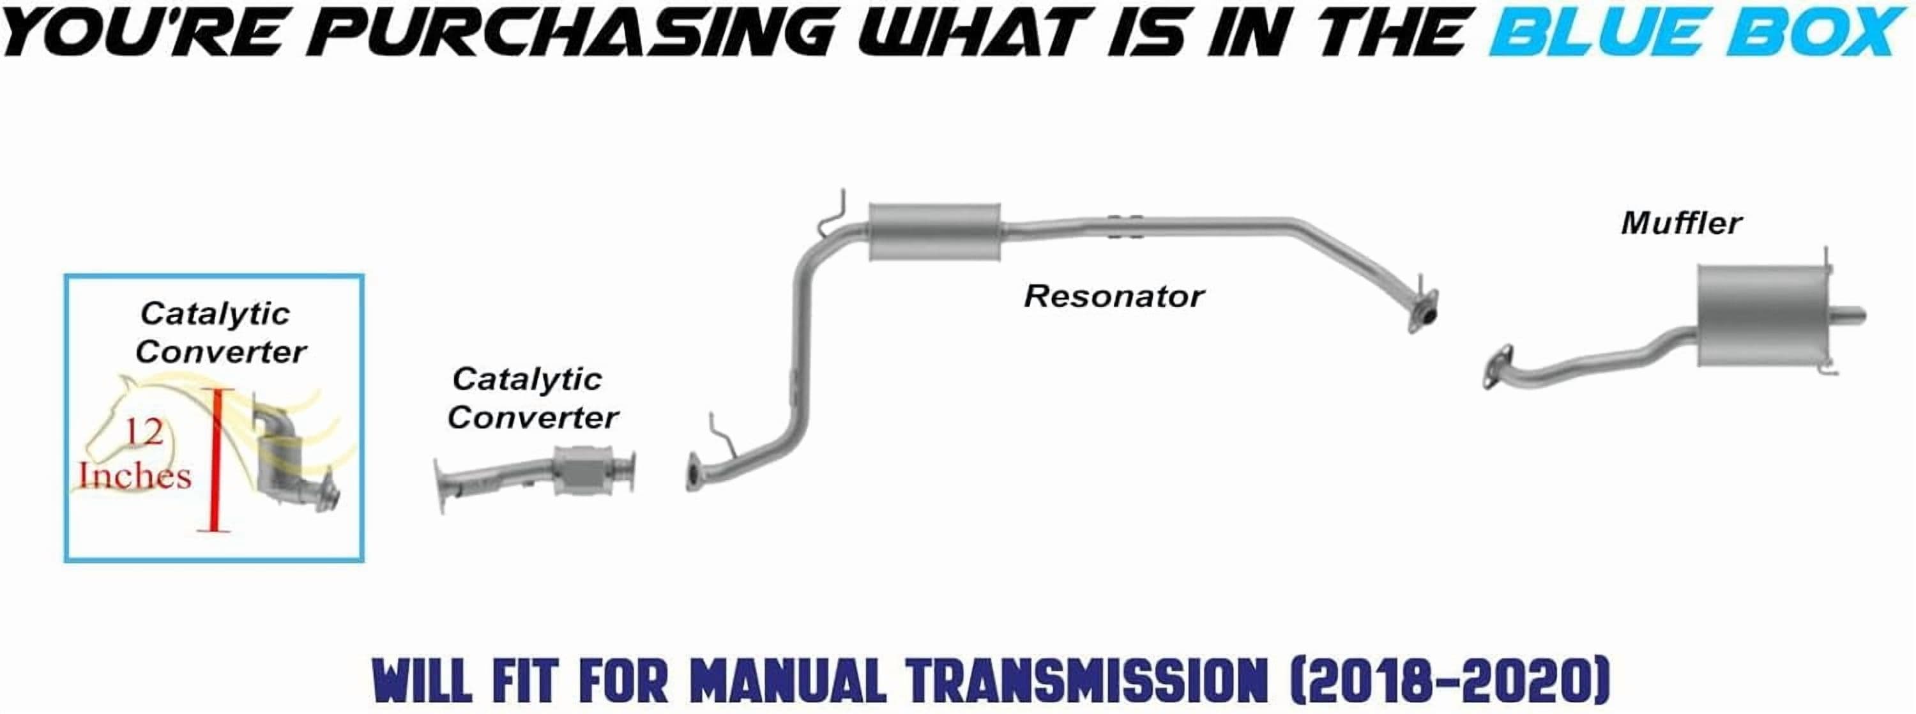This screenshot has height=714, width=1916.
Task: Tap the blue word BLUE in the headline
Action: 1604,32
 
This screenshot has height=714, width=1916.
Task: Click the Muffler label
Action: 1681,223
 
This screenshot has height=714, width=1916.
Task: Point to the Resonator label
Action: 1113,296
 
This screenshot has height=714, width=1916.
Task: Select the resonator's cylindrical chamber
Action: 934,231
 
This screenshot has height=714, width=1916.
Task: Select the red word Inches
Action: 135,475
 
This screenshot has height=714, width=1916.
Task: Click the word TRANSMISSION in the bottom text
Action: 1086,681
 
